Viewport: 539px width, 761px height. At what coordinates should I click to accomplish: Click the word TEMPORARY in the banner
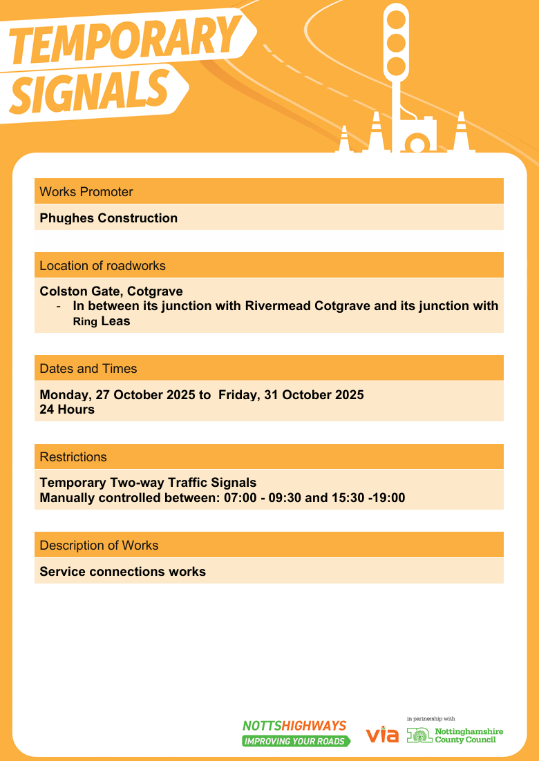[124, 43]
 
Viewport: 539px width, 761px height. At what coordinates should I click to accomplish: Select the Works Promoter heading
[86, 191]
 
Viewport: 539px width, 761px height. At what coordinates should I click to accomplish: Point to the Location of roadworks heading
[102, 266]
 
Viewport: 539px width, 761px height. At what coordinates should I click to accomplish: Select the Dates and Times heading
[88, 369]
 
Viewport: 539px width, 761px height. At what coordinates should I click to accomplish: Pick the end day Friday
[238, 395]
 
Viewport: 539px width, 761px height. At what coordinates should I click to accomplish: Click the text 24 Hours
[67, 410]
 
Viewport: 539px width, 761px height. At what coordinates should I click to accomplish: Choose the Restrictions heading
[73, 457]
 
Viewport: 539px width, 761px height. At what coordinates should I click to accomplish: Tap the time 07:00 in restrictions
[239, 497]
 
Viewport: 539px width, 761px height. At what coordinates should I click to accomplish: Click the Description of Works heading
[99, 546]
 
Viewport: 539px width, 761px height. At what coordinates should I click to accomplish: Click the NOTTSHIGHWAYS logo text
[294, 726]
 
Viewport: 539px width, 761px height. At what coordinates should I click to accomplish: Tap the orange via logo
[382, 735]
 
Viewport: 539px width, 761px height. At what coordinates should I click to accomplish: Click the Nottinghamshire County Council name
[469, 735]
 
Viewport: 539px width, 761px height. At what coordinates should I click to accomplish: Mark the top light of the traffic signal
[397, 20]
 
